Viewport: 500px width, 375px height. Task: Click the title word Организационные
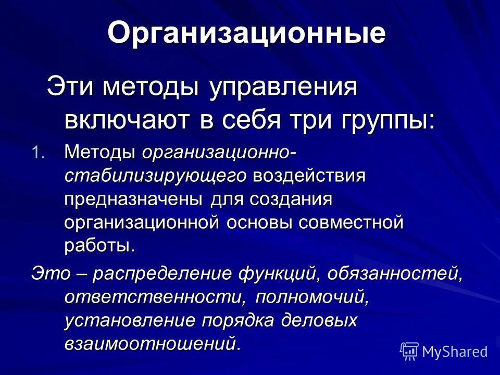tap(246, 33)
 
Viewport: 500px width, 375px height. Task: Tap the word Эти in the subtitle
tap(68, 87)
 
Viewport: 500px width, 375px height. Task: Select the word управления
tap(276, 87)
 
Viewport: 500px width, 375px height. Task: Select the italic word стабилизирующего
tap(156, 176)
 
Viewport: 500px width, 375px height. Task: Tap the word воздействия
tap(310, 175)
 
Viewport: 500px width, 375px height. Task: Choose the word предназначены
tap(135, 199)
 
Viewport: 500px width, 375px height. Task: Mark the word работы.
tap(99, 246)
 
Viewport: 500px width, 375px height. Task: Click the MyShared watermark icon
tap(409, 352)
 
